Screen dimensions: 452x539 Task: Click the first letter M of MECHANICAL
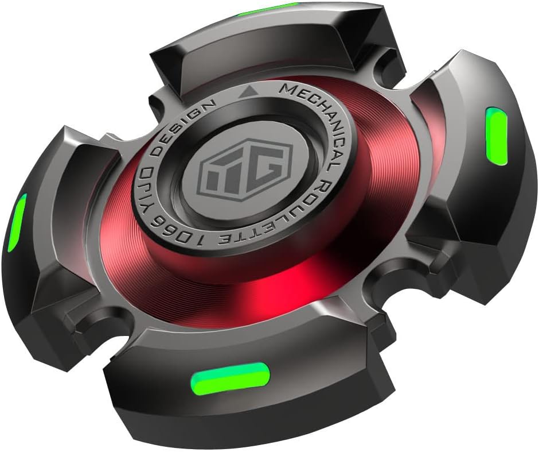point(284,91)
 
